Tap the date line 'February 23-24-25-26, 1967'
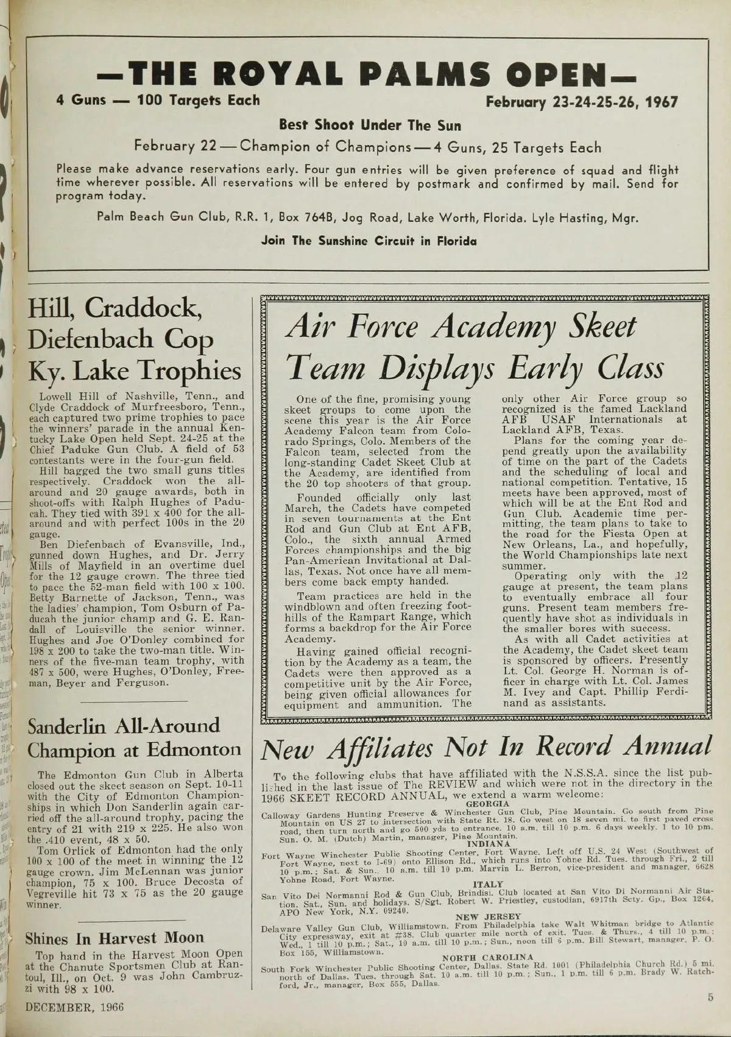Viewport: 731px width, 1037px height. click(x=581, y=102)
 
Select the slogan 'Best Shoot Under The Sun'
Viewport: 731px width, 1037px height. click(x=370, y=126)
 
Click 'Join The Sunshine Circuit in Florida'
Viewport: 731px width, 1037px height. click(x=369, y=241)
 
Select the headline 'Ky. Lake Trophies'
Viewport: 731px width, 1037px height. click(x=134, y=370)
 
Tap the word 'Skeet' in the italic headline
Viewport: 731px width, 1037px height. click(x=602, y=327)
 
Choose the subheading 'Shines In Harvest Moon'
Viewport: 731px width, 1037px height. click(x=115, y=938)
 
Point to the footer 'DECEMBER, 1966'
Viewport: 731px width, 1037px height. click(x=74, y=1007)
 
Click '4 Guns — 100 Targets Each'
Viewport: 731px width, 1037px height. click(x=158, y=100)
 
